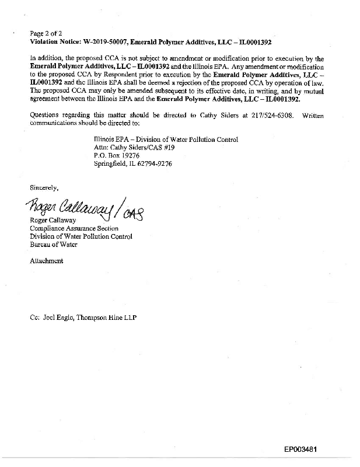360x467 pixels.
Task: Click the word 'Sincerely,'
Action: pos(44,187)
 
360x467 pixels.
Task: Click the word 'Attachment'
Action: pos(46,261)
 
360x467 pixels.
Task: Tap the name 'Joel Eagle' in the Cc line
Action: pos(60,317)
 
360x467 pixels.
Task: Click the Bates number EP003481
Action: pos(301,449)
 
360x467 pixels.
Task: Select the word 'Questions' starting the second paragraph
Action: pos(46,116)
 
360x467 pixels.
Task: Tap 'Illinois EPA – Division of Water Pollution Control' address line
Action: pos(166,140)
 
